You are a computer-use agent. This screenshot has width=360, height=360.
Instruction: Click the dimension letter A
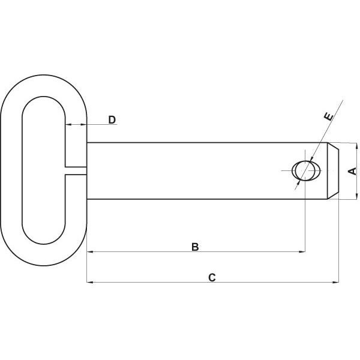[352, 171]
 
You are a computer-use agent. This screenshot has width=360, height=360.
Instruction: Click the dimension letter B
[195, 247]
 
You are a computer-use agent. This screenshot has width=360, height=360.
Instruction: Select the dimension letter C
[212, 277]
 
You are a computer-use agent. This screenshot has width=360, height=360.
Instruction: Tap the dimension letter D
[112, 120]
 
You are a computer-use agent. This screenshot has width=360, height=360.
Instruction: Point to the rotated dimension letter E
[329, 116]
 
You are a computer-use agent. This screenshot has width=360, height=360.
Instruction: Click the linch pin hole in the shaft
[306, 171]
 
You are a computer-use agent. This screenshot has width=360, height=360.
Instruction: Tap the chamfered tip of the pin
[333, 171]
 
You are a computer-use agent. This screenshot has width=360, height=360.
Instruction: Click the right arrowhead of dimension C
[335, 282]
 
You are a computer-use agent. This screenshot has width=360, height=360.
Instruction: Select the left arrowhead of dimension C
[90, 282]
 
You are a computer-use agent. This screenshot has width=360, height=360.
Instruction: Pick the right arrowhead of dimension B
[302, 252]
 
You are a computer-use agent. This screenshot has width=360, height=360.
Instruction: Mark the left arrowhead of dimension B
[90, 252]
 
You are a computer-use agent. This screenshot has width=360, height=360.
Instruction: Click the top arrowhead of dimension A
[356, 146]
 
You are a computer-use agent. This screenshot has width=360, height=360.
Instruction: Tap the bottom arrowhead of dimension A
[356, 196]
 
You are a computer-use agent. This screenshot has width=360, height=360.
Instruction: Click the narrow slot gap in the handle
[76, 171]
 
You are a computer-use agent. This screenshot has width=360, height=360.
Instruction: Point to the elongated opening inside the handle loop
[44, 170]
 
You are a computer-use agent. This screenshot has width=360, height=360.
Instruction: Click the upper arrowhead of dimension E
[311, 159]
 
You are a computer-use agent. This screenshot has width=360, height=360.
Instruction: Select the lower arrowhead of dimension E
[299, 182]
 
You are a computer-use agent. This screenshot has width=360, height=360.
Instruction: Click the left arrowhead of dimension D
[68, 124]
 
